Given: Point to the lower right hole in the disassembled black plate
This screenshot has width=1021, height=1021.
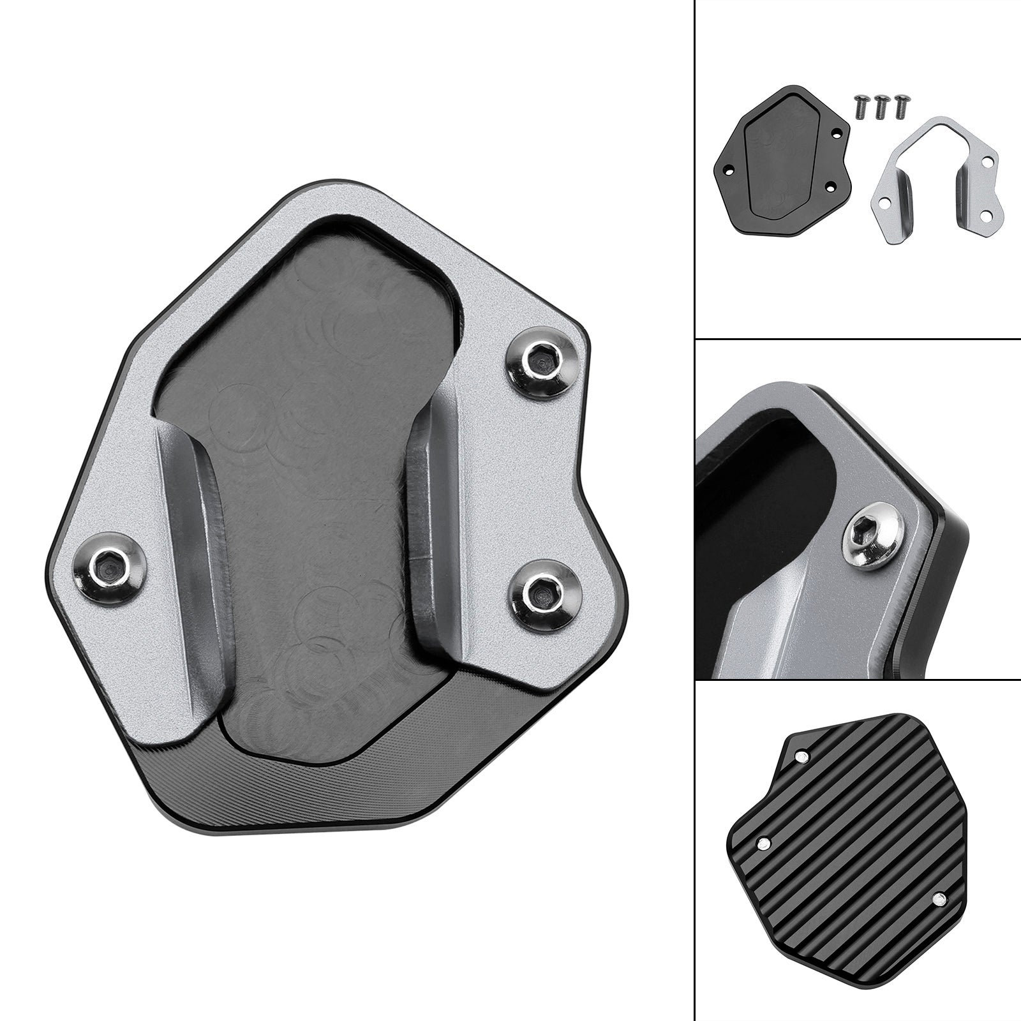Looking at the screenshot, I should click(x=830, y=186).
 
